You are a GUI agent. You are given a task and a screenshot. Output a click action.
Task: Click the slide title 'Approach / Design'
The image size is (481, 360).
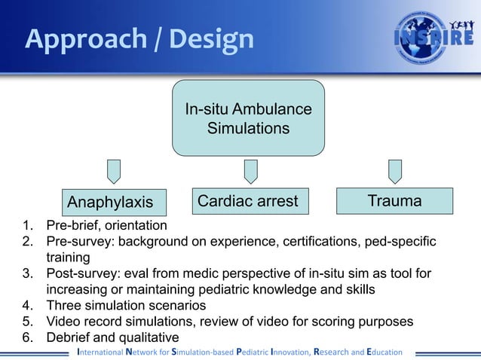tap(139, 39)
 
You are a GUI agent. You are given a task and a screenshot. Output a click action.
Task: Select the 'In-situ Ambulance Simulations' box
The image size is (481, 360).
tap(248, 119)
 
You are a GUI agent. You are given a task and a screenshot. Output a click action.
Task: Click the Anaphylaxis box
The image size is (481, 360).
tap(110, 202)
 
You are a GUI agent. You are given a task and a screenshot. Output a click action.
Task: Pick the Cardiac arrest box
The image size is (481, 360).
tap(250, 201)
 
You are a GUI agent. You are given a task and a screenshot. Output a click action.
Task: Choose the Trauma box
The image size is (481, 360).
tap(394, 201)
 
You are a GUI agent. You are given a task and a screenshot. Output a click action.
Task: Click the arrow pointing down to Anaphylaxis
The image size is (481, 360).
tap(113, 171)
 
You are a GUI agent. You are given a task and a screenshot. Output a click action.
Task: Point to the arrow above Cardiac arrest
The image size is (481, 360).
tap(250, 171)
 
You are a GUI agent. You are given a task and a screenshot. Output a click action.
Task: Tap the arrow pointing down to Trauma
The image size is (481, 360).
tap(394, 171)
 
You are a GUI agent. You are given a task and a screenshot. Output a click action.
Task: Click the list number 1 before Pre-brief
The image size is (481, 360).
tap(28, 225)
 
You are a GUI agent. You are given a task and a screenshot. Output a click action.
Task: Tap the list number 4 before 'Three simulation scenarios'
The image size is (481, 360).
tap(28, 306)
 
